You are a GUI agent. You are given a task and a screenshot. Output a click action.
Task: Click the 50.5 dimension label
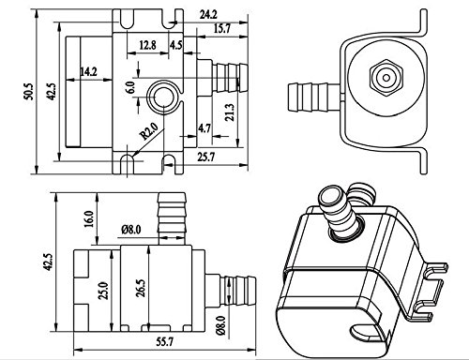click(x=27, y=91)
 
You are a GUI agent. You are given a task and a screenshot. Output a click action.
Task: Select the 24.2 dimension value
click(x=208, y=15)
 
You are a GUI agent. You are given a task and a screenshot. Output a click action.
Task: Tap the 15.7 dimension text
click(x=222, y=29)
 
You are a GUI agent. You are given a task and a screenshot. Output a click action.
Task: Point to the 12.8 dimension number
click(x=147, y=45)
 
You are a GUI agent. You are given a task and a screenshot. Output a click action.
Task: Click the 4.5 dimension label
click(x=175, y=45)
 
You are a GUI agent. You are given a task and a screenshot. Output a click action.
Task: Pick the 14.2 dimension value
click(x=88, y=72)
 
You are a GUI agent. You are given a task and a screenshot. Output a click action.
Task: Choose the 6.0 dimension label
click(x=130, y=87)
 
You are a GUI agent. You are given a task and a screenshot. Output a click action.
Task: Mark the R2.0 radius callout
click(x=149, y=131)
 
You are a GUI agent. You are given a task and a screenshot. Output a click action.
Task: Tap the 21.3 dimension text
click(x=230, y=112)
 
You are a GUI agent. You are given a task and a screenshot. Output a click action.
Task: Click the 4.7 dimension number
click(x=204, y=128)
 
